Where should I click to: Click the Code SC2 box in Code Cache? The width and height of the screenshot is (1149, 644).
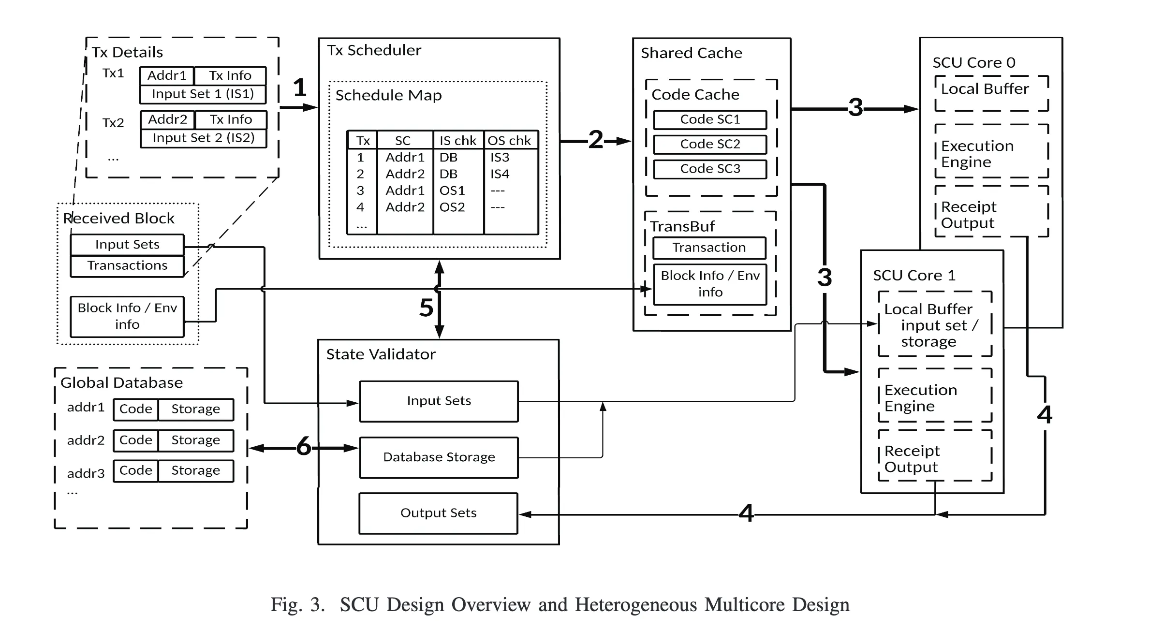[709, 144]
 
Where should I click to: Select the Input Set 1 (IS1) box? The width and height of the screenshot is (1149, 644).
[203, 94]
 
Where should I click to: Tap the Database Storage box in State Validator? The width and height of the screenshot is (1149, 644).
[439, 457]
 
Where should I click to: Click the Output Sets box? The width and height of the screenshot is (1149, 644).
[438, 513]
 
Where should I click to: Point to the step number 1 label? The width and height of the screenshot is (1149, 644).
[300, 88]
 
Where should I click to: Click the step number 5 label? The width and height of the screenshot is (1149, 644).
[426, 307]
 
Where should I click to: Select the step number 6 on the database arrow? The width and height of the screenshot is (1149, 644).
[304, 446]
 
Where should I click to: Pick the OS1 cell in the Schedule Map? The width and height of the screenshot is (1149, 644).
[452, 190]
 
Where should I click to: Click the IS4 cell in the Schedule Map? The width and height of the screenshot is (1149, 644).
[500, 174]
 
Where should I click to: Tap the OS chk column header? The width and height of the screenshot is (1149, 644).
[509, 141]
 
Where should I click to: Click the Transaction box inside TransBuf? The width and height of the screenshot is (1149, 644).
[709, 248]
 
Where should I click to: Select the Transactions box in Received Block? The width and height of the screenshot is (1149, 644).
[127, 265]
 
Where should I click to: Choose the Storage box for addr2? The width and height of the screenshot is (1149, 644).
[195, 440]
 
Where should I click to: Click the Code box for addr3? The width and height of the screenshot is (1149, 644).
[135, 470]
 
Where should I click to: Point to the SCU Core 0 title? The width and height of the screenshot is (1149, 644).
[973, 62]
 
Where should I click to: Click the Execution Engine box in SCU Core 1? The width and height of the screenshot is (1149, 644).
[934, 397]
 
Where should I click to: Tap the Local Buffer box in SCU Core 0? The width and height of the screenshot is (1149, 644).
[991, 93]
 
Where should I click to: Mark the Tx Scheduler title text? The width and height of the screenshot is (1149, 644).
[374, 50]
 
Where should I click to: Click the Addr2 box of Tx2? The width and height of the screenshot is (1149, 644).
[167, 119]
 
